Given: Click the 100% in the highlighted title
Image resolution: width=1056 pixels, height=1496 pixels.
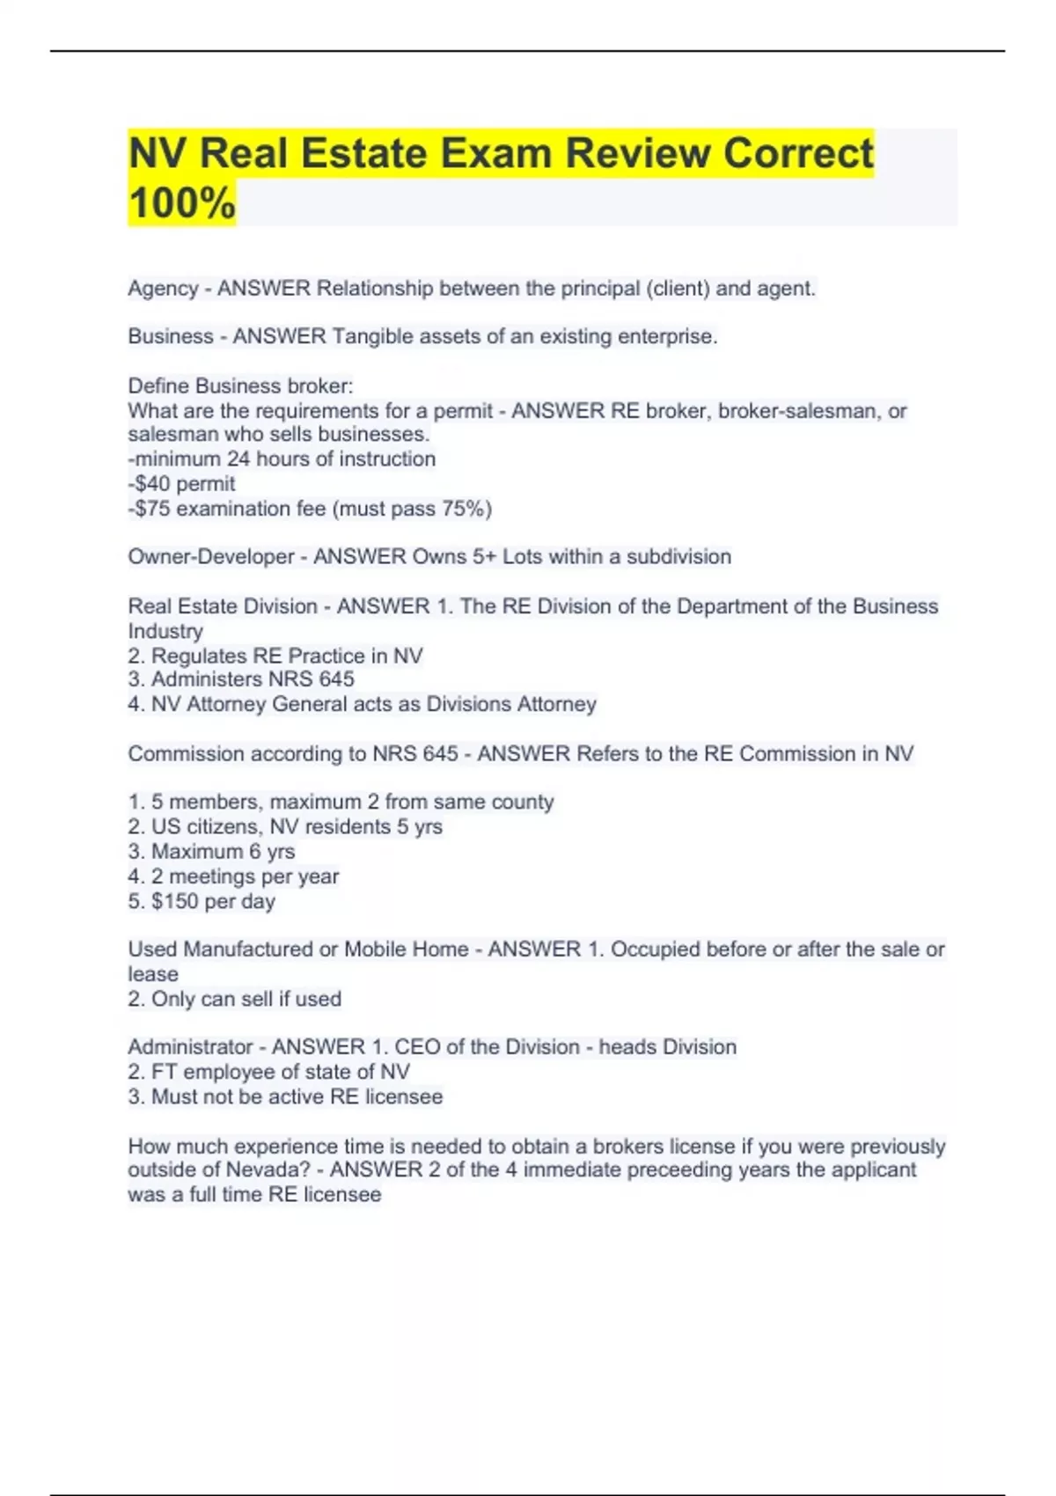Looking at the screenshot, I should [x=182, y=202].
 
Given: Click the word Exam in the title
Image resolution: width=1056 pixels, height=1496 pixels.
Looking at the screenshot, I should [x=495, y=153].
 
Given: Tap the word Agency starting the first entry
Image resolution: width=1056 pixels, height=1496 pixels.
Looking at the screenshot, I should [x=163, y=289].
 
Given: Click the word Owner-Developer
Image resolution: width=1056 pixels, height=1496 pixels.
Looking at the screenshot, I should [x=211, y=557].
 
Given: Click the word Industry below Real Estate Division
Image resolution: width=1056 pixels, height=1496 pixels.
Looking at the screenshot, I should [x=165, y=631].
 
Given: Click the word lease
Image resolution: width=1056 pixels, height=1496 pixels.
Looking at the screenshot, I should [x=153, y=974].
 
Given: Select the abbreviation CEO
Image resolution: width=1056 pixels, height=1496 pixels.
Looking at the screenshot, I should [x=417, y=1047].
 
